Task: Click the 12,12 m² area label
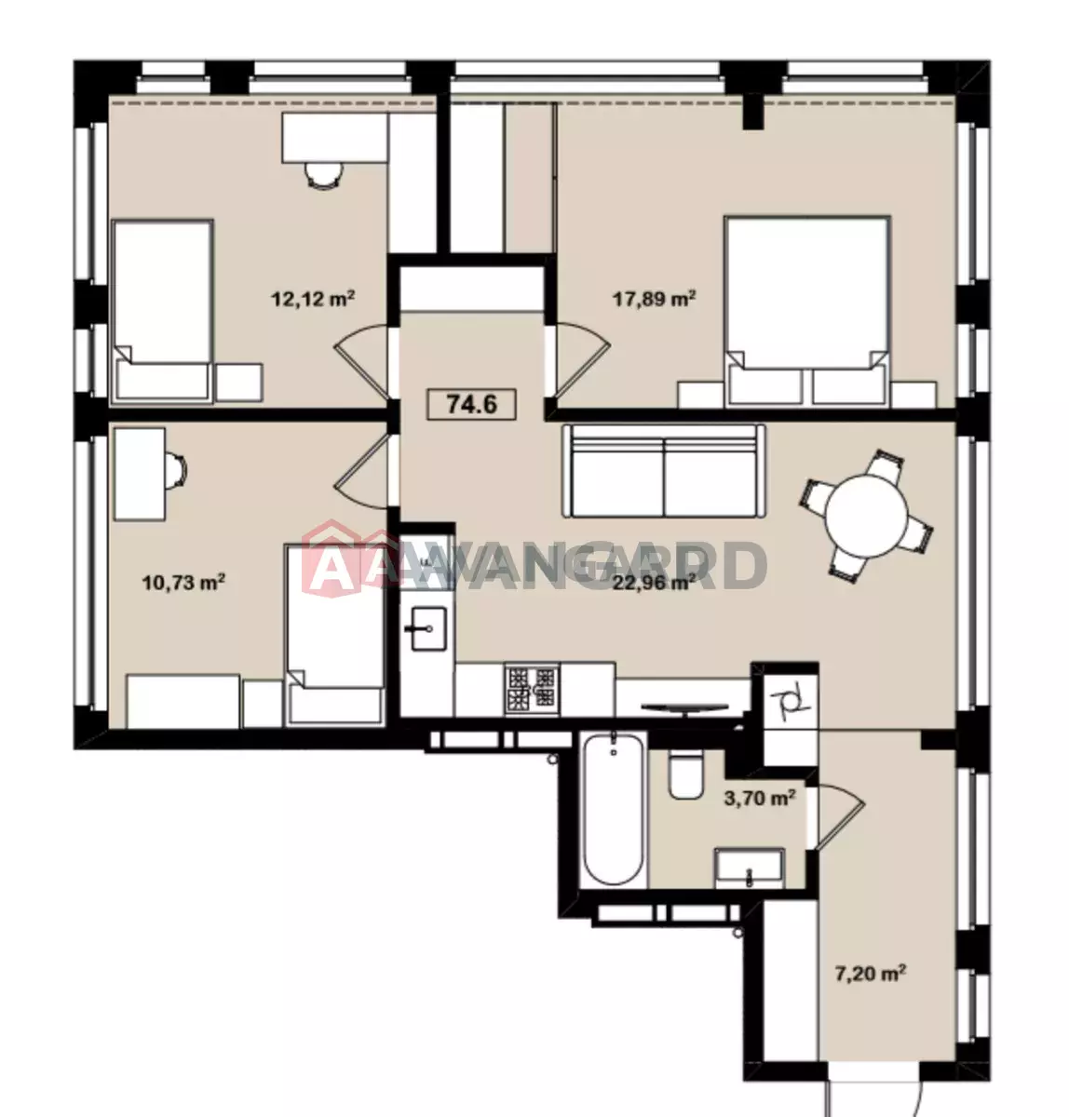(x=312, y=299)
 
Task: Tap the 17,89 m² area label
(x=655, y=299)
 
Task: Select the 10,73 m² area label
(x=183, y=583)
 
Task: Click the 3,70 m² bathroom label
(x=760, y=798)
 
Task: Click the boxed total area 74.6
(x=472, y=404)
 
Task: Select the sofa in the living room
(x=664, y=471)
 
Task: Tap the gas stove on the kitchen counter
(x=532, y=691)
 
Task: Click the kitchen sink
(x=428, y=628)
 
